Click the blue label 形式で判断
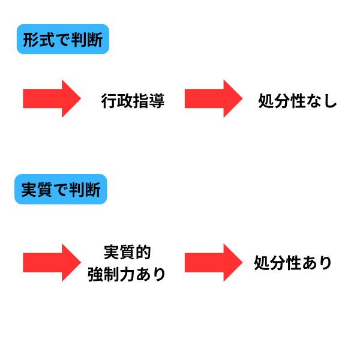pos(62,40)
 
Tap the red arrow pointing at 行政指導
pos(52,98)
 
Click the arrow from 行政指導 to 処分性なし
pos(212,98)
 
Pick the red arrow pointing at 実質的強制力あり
pos(52,262)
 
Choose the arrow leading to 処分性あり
pos(212,262)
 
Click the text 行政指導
pos(133,101)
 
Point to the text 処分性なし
pos(297,101)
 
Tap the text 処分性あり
pos(293,263)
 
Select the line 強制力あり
pos(126,274)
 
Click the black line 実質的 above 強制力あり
pos(126,251)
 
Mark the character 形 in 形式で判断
pos(31,40)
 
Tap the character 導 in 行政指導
pos(157,101)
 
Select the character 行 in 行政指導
pos(109,101)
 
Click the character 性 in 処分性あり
pos(293,263)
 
